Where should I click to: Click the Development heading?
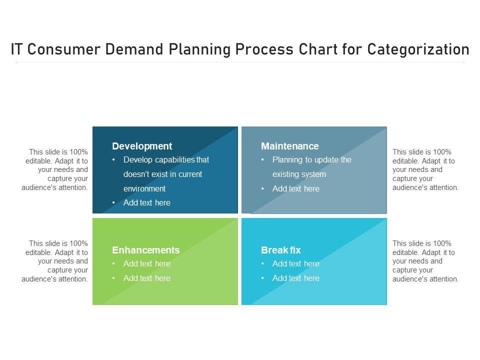pos(142,146)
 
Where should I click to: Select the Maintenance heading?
pos(289,146)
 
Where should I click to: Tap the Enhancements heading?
pos(145,250)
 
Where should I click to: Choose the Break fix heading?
pos(281,250)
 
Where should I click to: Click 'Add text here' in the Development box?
pos(146,202)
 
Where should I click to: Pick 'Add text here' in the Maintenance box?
pos(295,188)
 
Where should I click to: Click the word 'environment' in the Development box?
pos(144,188)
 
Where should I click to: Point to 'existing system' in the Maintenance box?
pos(299,174)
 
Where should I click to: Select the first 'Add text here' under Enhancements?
pos(146,264)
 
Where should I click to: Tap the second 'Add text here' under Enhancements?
pos(146,278)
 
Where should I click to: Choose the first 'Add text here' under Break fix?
pos(295,264)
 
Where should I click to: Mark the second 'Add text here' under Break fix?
pos(295,278)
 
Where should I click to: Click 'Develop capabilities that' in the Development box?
pos(166,160)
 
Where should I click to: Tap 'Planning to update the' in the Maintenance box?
pos(311,160)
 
